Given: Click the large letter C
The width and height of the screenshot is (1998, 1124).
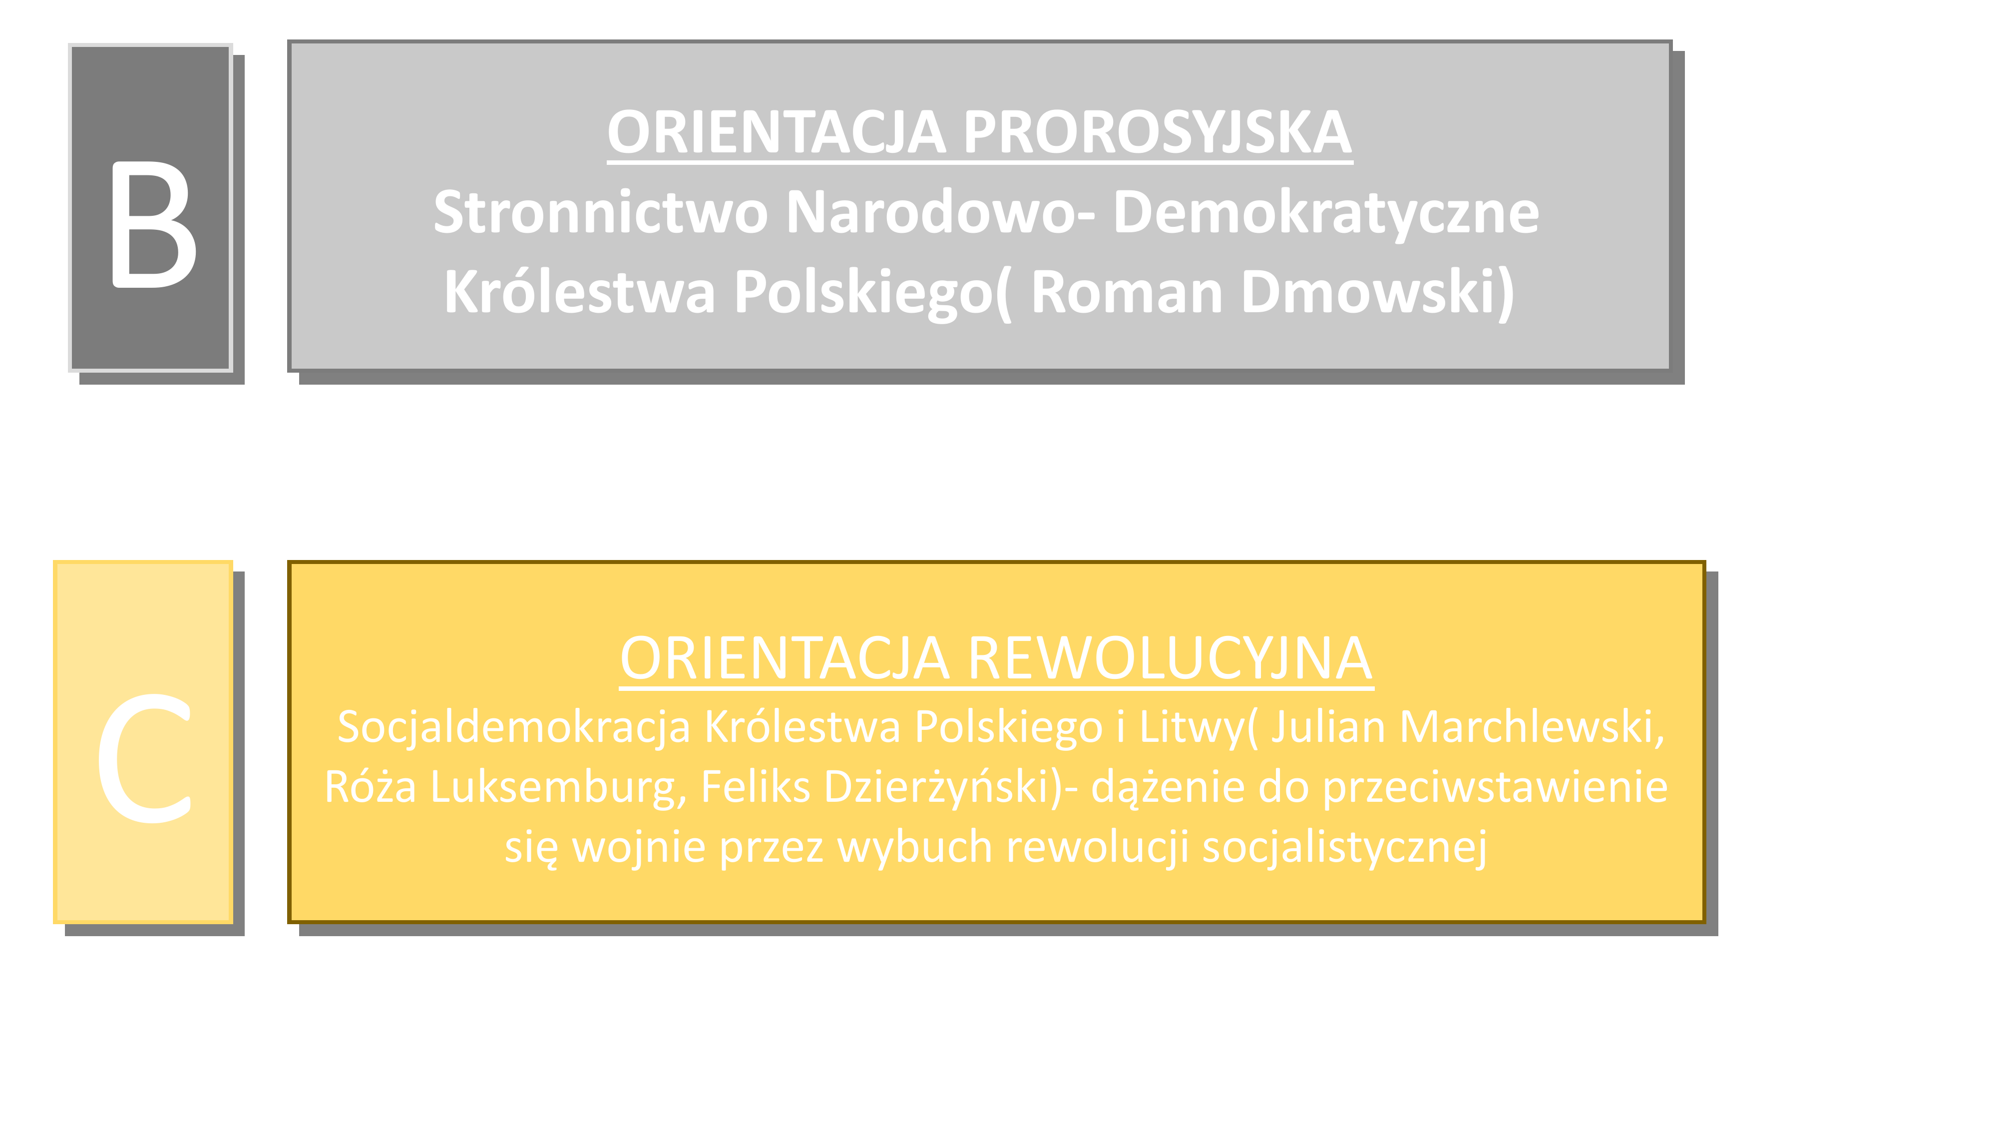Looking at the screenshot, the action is click(144, 758).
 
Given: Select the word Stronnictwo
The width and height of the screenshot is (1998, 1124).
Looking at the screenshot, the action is click(600, 212).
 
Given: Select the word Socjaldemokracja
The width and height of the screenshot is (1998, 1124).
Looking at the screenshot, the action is click(513, 728).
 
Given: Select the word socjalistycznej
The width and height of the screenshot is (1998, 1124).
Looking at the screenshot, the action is click(1344, 847).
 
